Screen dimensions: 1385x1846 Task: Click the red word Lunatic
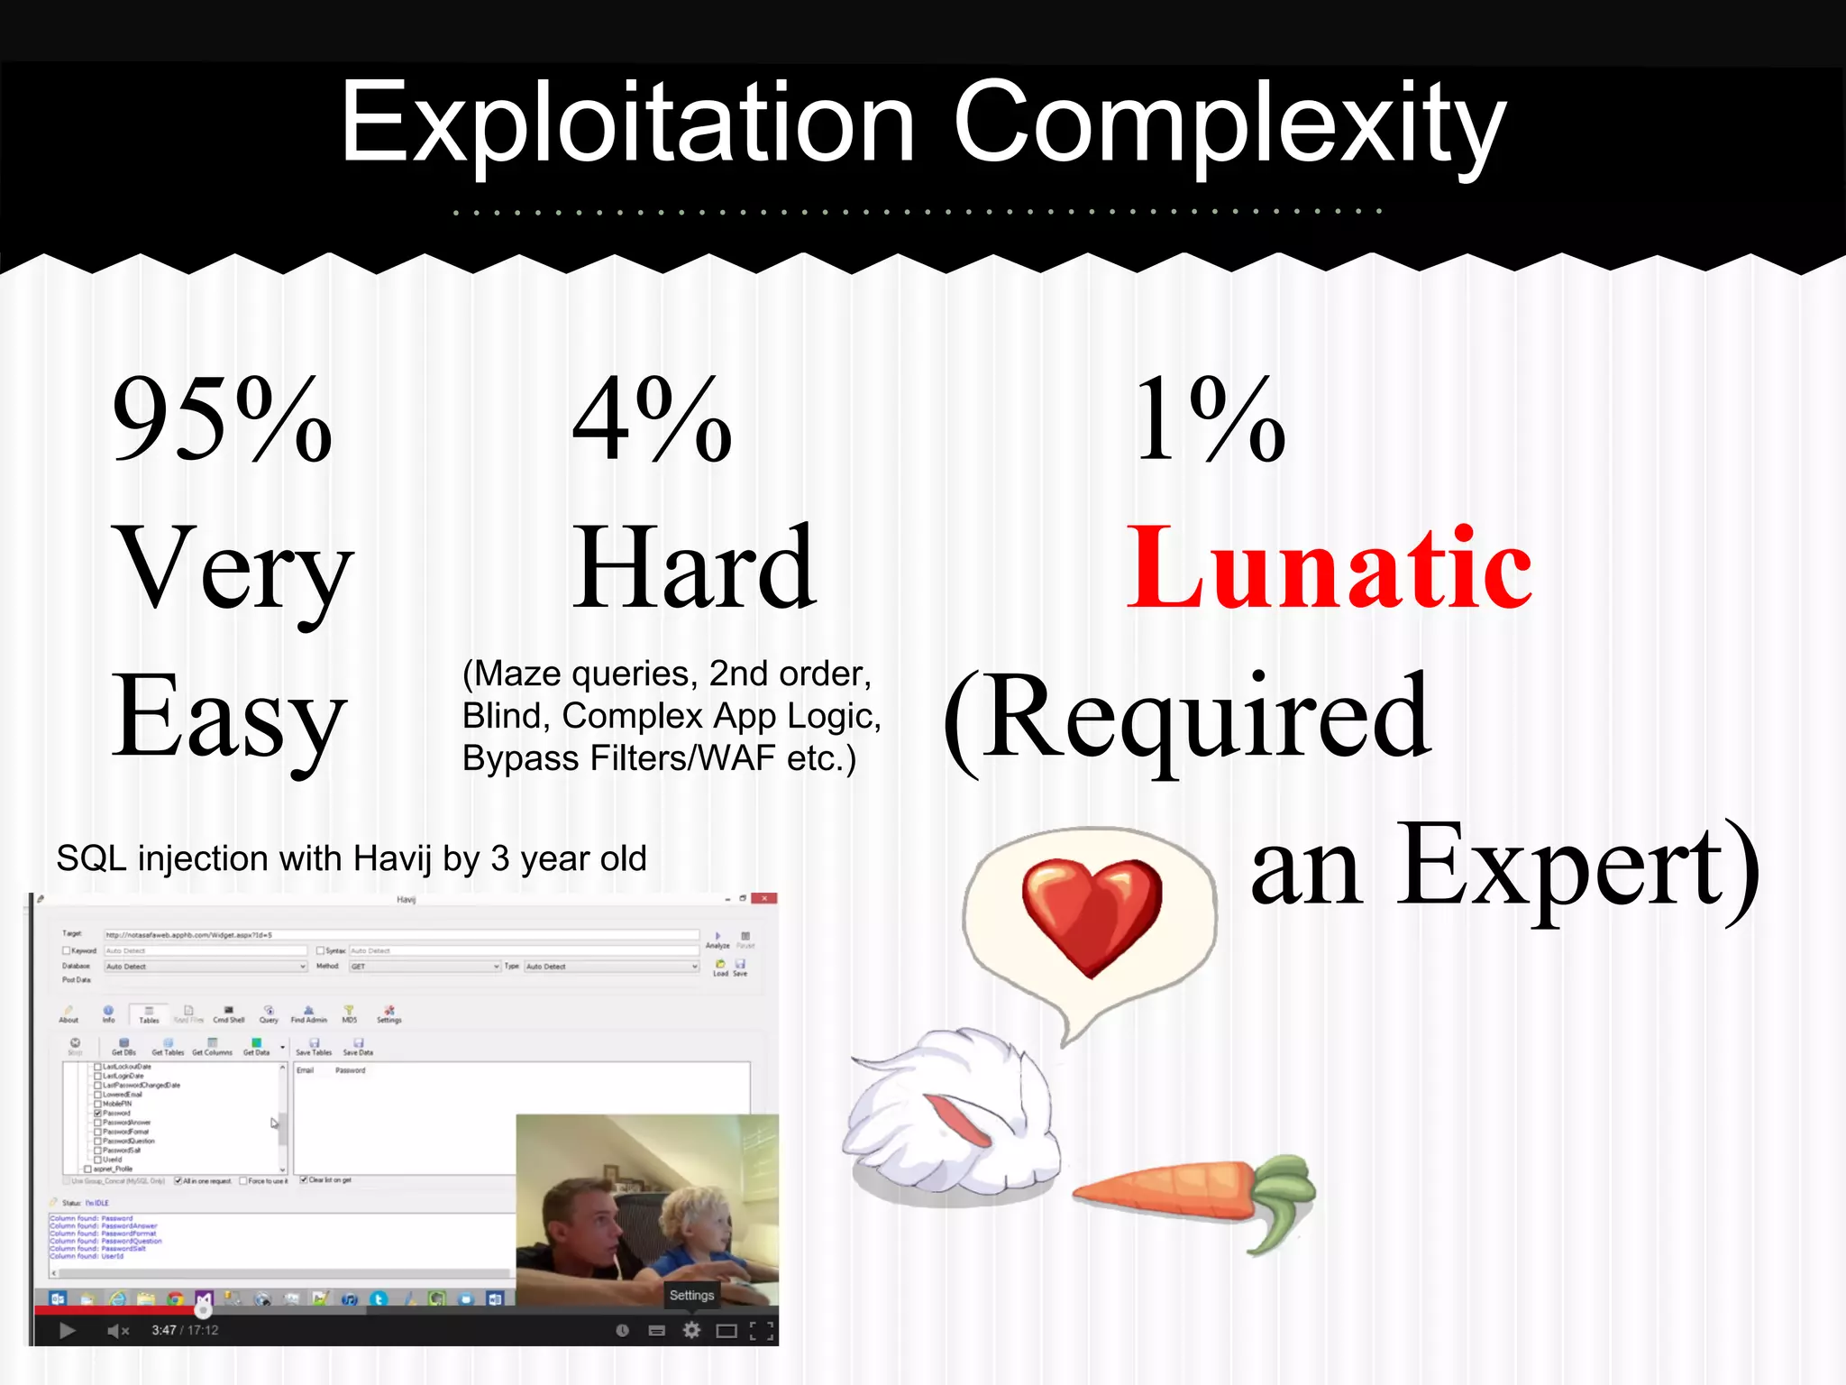(1329, 568)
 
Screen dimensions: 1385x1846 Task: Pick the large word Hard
(694, 568)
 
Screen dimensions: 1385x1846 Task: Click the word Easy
(229, 717)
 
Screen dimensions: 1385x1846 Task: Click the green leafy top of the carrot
(1280, 1199)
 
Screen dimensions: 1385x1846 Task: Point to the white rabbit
(951, 1118)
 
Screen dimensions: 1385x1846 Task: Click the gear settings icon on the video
(691, 1330)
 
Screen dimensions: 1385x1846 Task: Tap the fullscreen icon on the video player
(763, 1330)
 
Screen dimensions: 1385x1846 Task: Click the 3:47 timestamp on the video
(163, 1330)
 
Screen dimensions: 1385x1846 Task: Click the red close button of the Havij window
(764, 898)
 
